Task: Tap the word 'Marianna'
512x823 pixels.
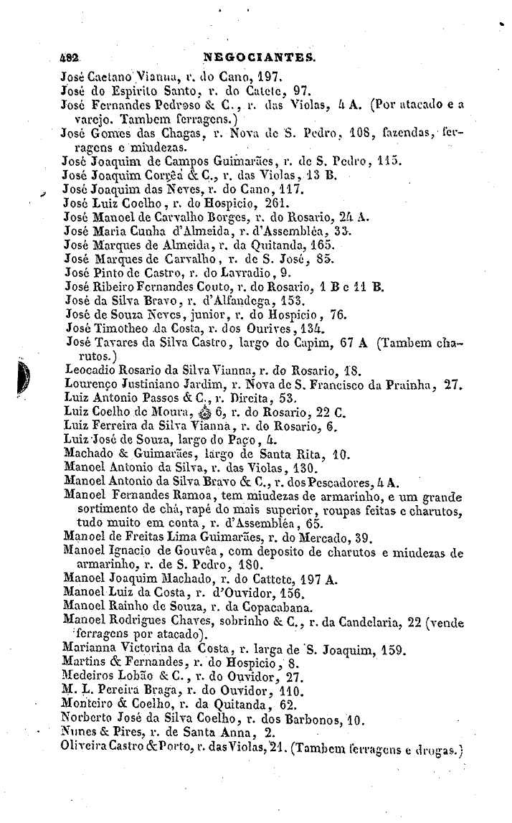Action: click(x=89, y=651)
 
